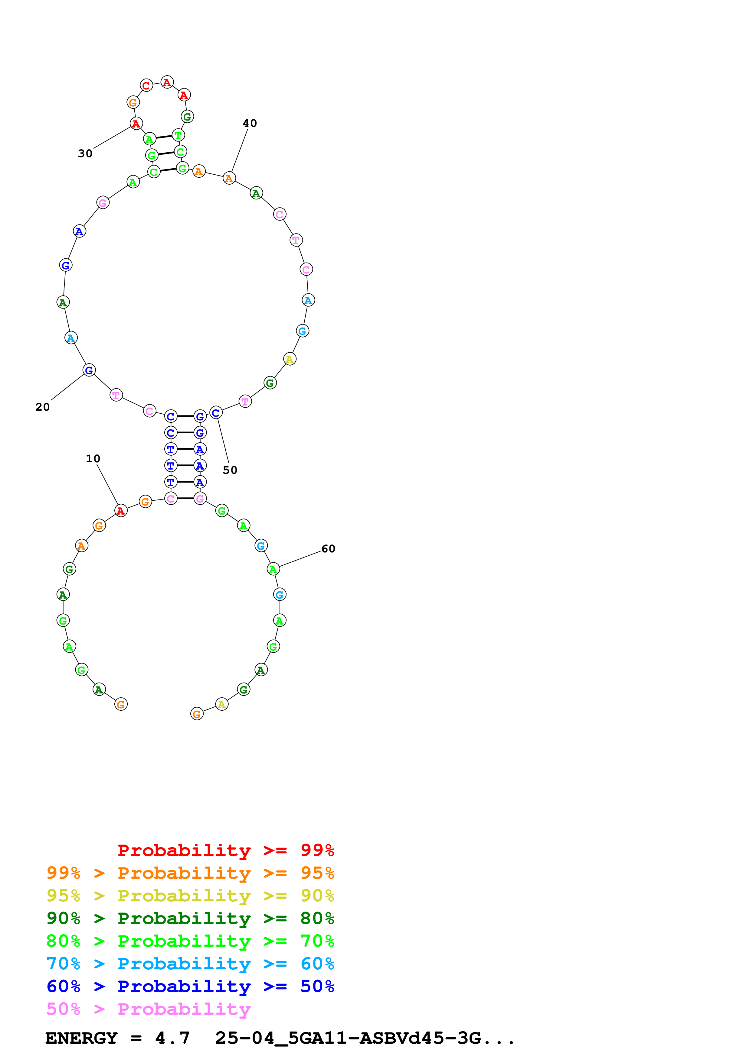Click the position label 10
coord(93,458)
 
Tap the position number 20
coord(43,407)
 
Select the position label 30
coord(85,153)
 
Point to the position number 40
coord(250,123)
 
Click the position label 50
coord(230,470)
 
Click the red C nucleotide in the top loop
coord(146,86)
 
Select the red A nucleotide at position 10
coord(121,511)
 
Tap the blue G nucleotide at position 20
coord(89,370)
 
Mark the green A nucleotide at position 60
coord(273,569)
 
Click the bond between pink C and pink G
coord(185,499)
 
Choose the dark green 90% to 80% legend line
coord(190,918)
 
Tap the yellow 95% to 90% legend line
coord(190,896)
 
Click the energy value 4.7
coord(172,1038)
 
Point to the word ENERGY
coord(81,1038)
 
